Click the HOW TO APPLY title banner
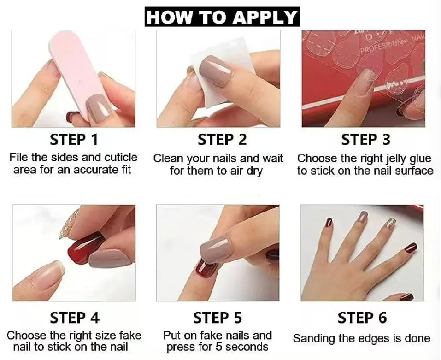(222, 17)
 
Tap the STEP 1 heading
(74, 140)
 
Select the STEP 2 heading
(222, 140)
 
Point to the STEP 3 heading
(365, 140)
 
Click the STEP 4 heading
(75, 318)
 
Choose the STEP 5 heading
(217, 318)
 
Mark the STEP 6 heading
(362, 318)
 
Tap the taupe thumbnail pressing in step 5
(215, 249)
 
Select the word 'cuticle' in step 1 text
(121, 158)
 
